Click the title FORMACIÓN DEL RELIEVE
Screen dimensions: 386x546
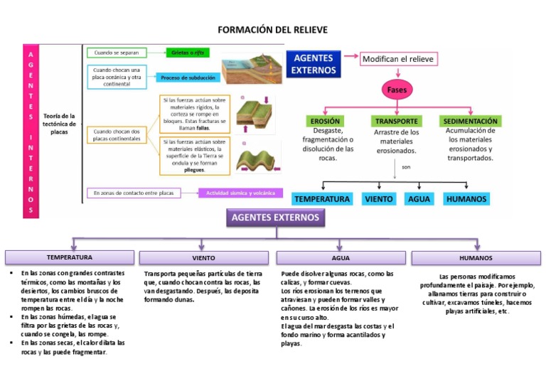click(x=273, y=30)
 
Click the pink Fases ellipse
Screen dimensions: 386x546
click(x=397, y=90)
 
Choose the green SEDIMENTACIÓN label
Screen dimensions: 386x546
click(x=469, y=121)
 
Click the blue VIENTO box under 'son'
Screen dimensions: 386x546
click(x=379, y=199)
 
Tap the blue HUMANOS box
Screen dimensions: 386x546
click(x=466, y=199)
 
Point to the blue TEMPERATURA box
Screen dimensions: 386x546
click(x=322, y=199)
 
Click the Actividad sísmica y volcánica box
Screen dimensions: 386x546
click(x=240, y=193)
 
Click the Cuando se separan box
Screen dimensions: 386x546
click(x=117, y=53)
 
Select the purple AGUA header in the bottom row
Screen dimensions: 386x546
click(x=341, y=257)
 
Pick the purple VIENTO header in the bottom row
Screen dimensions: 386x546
click(x=203, y=257)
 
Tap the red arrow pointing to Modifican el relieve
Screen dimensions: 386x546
click(x=351, y=57)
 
